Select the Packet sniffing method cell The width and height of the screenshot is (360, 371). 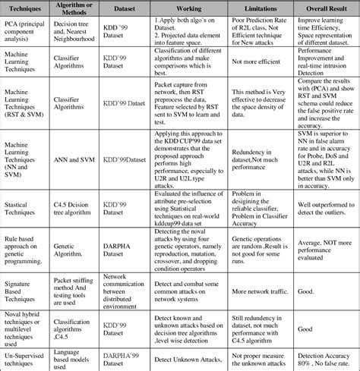75,290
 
